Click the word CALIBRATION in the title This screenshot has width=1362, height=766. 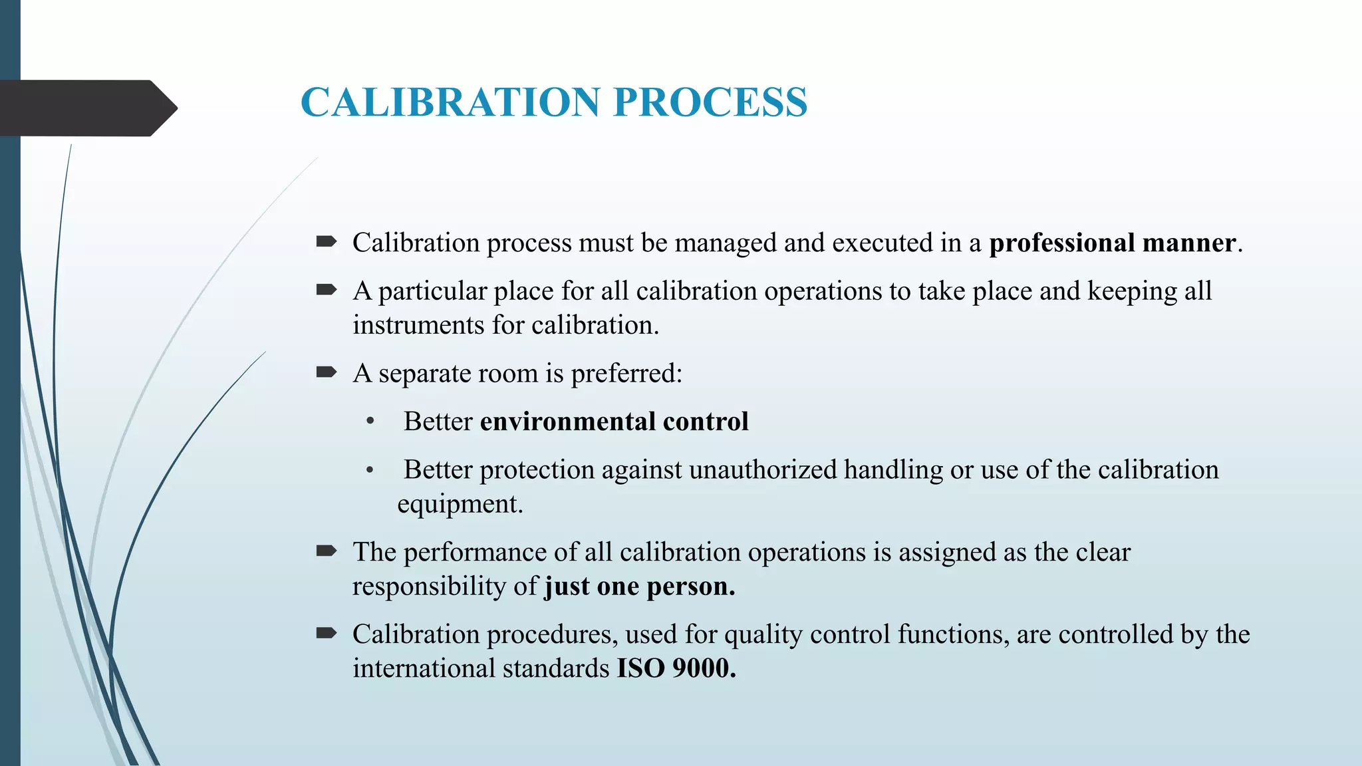[450, 102]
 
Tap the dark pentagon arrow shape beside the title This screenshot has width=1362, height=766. [86, 108]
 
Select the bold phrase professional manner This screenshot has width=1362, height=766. [1112, 243]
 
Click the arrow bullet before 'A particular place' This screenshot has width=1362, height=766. [326, 290]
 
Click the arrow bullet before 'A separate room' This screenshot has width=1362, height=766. [326, 372]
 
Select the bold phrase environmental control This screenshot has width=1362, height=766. [614, 422]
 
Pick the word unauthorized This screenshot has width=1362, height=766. [763, 470]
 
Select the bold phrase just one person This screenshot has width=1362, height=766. [639, 587]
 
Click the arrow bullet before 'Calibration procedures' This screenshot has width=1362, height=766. [326, 634]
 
